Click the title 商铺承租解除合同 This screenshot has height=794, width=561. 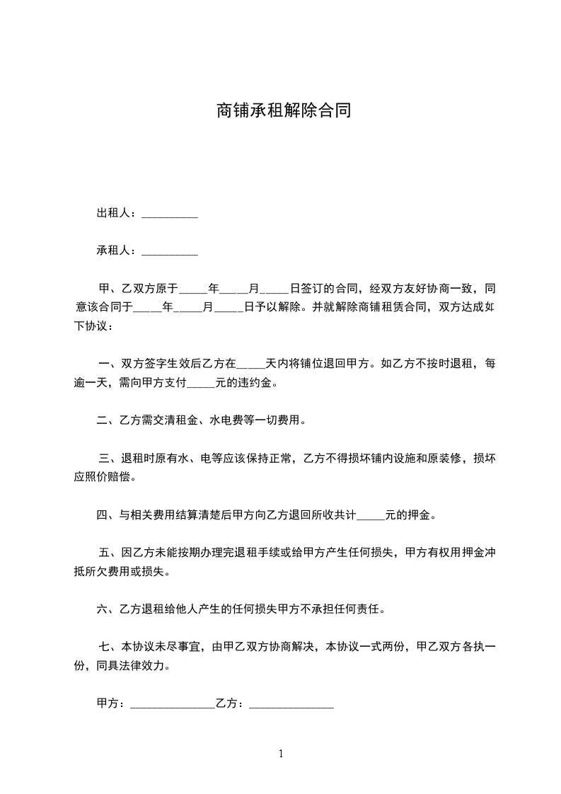pos(283,111)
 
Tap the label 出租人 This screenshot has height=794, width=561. pos(115,213)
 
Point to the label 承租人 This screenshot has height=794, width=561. pos(115,251)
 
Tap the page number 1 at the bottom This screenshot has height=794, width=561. pos(281,754)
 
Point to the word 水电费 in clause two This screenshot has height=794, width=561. pos(225,421)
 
